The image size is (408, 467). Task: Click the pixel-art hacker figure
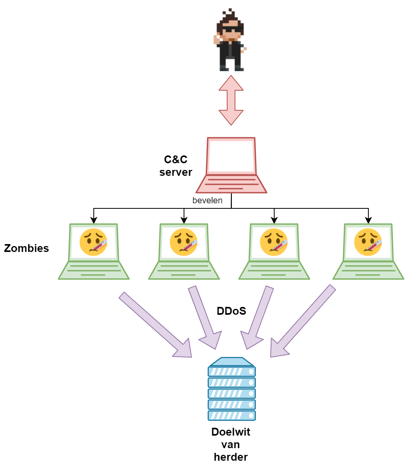(x=231, y=41)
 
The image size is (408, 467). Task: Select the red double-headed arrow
(x=231, y=100)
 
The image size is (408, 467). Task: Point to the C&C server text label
(x=176, y=166)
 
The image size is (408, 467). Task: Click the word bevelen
(x=207, y=201)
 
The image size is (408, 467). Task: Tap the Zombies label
(x=26, y=248)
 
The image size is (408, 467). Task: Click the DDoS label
(x=231, y=311)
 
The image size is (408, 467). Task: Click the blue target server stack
(x=232, y=389)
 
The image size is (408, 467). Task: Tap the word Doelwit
(x=231, y=432)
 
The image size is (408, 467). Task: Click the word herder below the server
(x=231, y=457)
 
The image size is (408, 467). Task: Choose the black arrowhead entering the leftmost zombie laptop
(x=94, y=221)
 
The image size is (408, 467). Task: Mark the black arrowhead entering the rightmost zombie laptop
(x=368, y=221)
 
